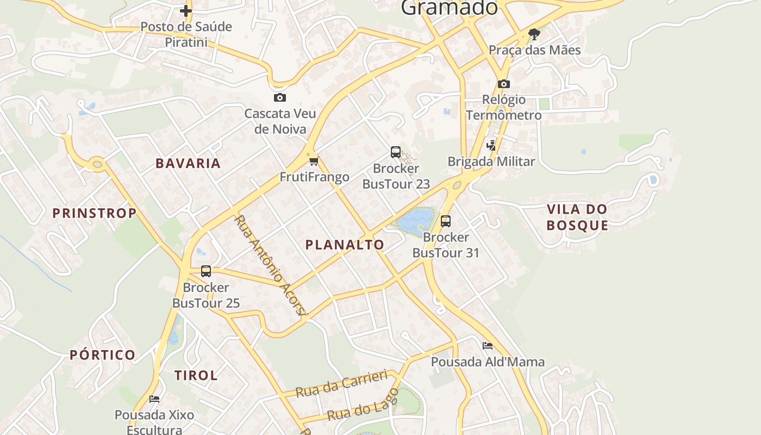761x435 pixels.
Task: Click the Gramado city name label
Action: (x=449, y=8)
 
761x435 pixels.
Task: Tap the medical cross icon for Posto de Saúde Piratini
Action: (x=186, y=10)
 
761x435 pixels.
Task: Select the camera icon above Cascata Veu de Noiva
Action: (x=280, y=98)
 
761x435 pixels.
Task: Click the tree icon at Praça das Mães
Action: (x=534, y=35)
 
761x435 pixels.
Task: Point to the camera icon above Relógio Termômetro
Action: (x=504, y=84)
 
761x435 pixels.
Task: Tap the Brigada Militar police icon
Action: (x=491, y=145)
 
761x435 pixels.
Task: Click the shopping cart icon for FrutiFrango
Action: (x=314, y=161)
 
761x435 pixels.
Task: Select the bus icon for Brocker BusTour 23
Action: (x=396, y=152)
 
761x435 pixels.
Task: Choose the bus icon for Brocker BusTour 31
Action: (x=446, y=221)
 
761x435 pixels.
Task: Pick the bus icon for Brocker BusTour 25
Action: (x=206, y=271)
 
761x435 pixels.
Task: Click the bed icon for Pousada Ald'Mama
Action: (x=488, y=346)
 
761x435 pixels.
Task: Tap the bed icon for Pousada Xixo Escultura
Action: (x=154, y=399)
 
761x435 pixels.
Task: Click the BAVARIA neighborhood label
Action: (x=188, y=163)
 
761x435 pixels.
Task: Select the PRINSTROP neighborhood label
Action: (x=95, y=213)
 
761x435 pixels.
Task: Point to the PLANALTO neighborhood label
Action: (x=345, y=245)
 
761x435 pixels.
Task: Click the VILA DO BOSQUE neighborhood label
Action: (x=577, y=217)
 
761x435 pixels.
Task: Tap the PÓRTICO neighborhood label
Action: (x=103, y=355)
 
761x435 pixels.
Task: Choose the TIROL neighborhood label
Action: (x=196, y=375)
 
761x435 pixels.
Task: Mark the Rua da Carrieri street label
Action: (x=342, y=384)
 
